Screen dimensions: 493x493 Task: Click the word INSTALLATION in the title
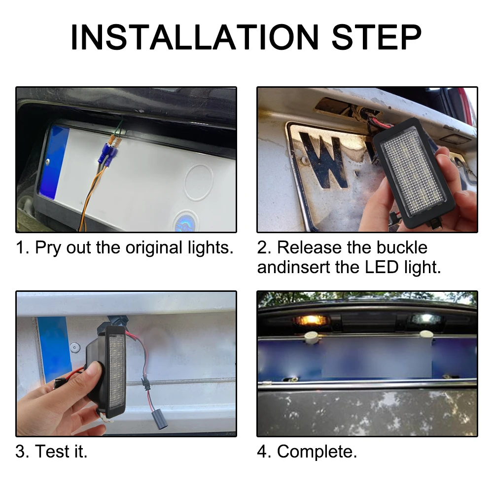195,37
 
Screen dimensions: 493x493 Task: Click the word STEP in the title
376,37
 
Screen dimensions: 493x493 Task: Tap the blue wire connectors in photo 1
108,153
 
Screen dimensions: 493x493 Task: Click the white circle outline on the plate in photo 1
199,182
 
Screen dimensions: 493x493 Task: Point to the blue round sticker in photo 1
185,222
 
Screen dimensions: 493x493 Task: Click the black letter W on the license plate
324,160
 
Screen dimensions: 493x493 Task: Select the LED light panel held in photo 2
414,173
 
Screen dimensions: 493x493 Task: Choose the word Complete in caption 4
317,452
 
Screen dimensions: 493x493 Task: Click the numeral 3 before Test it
20,452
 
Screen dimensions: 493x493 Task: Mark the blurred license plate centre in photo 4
376,358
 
